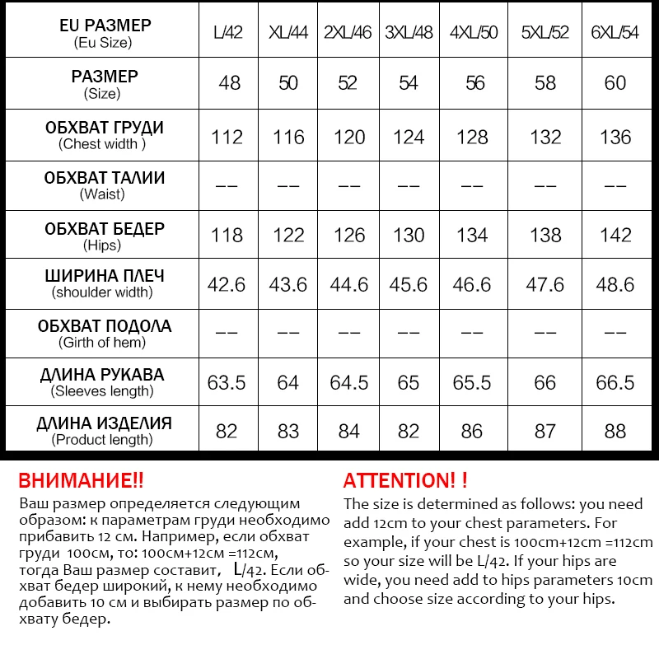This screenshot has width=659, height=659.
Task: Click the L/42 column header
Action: point(227,33)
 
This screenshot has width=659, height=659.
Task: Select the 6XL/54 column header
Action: point(615,33)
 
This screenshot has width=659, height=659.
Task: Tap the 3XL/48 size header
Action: point(409,33)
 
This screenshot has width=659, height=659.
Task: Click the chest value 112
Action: point(227,137)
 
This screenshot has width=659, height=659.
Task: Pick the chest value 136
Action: point(615,137)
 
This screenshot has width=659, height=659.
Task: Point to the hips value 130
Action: point(409,236)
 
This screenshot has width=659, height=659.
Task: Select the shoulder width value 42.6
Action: point(227,284)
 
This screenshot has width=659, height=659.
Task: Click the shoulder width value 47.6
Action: point(545,284)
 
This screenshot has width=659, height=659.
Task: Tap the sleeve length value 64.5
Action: point(348,382)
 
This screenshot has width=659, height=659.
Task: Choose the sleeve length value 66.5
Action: point(615,382)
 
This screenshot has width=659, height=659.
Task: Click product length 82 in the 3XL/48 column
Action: point(409,431)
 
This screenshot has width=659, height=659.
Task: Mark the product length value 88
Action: point(615,431)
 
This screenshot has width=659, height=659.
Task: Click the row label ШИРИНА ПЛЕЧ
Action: point(104,277)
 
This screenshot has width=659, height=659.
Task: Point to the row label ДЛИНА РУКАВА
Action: point(102,376)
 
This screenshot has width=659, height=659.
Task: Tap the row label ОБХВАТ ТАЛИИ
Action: point(104,178)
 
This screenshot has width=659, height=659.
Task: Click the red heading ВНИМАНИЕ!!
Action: point(81,481)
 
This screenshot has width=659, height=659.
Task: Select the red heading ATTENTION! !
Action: point(405,481)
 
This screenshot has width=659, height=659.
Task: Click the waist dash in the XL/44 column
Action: point(288,186)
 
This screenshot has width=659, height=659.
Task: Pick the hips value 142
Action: point(615,236)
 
